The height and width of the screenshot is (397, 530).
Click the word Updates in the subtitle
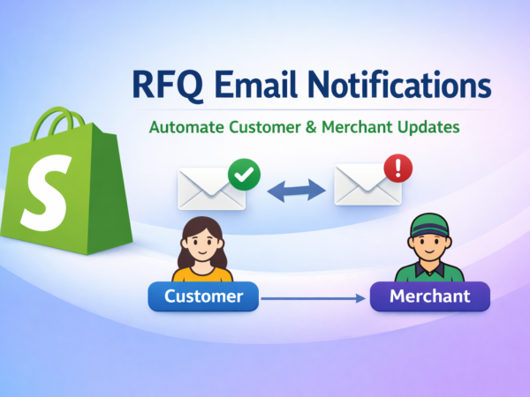pos(431,128)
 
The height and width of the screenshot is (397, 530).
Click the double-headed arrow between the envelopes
pos(291,188)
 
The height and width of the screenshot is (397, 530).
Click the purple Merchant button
pos(429,296)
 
